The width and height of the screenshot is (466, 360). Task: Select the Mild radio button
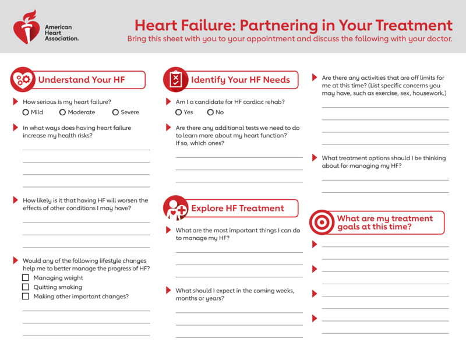coord(26,112)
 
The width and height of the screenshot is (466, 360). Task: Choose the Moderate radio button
coord(62,112)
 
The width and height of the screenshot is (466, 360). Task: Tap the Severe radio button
coord(115,112)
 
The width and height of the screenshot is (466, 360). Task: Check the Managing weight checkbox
coord(26,278)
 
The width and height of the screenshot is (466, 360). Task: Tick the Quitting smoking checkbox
coord(26,287)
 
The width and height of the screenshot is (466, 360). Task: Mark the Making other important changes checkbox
coord(26,297)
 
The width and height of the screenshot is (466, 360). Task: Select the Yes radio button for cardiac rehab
coord(179,112)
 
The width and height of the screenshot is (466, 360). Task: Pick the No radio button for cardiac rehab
coord(210,112)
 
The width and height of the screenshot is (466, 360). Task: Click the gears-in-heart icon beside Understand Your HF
coord(23,80)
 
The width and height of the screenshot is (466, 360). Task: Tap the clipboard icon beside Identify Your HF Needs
coord(175,80)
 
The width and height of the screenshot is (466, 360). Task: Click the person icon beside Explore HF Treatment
coord(175,208)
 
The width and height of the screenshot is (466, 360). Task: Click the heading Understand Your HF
coord(82,80)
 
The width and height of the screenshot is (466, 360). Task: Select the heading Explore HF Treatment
coord(238,208)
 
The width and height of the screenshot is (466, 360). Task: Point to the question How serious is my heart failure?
coord(67,102)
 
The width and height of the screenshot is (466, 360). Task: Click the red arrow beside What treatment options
coord(315,158)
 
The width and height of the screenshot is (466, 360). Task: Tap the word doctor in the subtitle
coord(438,40)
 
